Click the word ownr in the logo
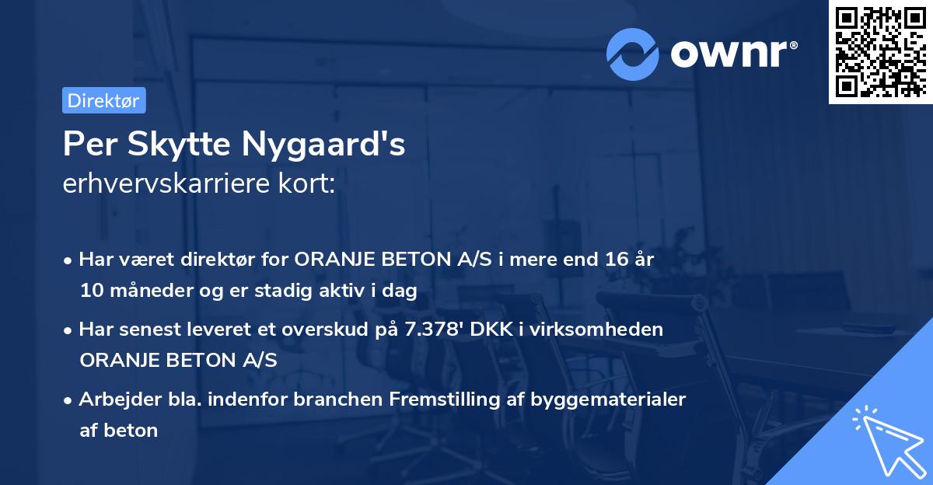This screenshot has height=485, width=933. [x=733, y=53]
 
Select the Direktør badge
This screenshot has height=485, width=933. [x=103, y=100]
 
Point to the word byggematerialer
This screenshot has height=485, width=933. [x=609, y=400]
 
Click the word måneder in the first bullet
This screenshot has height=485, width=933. [x=137, y=291]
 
